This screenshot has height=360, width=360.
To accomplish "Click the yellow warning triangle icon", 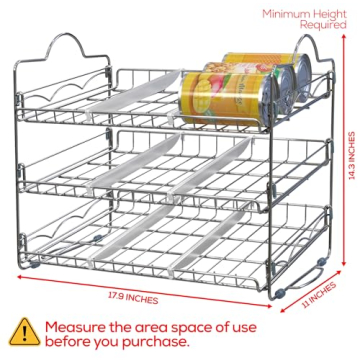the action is [22, 331].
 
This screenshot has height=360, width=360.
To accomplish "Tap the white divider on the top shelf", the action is [135, 104].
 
